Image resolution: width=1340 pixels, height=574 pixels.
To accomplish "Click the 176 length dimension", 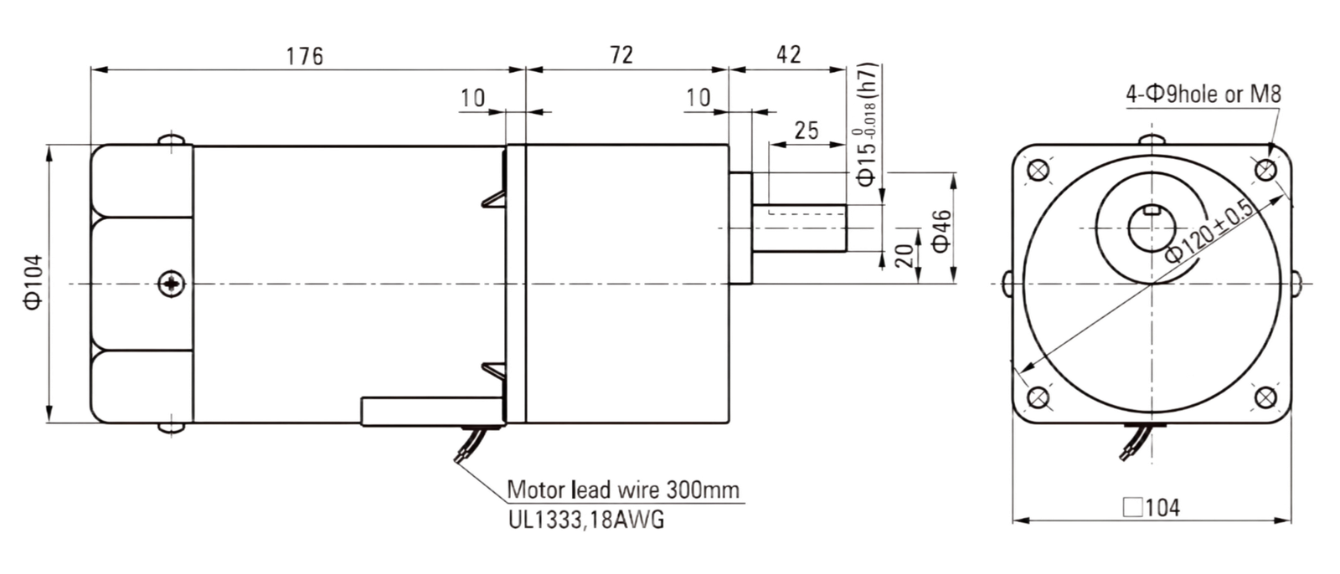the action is pyautogui.click(x=305, y=56).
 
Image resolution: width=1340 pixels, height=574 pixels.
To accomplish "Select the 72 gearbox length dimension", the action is pyautogui.click(x=621, y=55).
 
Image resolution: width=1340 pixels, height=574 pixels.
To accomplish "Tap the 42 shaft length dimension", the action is pyautogui.click(x=788, y=55).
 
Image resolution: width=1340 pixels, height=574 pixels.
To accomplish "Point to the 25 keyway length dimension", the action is pyautogui.click(x=807, y=131).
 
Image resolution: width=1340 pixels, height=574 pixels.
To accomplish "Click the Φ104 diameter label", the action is pyautogui.click(x=33, y=282).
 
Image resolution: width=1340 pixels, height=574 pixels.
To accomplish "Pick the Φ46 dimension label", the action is pyautogui.click(x=941, y=231).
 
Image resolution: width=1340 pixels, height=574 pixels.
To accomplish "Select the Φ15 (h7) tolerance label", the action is pyautogui.click(x=867, y=125).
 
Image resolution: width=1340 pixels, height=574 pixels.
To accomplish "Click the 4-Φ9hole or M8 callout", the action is pyautogui.click(x=1203, y=94).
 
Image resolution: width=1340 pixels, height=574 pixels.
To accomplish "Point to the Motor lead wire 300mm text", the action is pyautogui.click(x=623, y=489).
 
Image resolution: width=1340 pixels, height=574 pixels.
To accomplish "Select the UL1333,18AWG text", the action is pyautogui.click(x=586, y=520).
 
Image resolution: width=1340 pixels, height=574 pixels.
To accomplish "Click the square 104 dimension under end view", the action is pyautogui.click(x=1152, y=508).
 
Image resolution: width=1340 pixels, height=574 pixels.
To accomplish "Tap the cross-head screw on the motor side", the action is pyautogui.click(x=172, y=284).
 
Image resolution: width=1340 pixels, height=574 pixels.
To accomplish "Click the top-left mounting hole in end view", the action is pyautogui.click(x=1038, y=171).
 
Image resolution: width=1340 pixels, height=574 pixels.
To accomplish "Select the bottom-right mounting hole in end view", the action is pyautogui.click(x=1265, y=397).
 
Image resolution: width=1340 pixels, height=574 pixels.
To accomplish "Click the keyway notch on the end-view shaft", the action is pyautogui.click(x=1152, y=210).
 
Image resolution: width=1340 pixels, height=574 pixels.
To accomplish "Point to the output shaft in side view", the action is pyautogui.click(x=799, y=228).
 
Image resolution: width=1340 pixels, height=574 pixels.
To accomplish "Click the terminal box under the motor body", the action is pyautogui.click(x=432, y=412).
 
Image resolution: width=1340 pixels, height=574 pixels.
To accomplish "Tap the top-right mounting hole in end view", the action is pyautogui.click(x=1265, y=171).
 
